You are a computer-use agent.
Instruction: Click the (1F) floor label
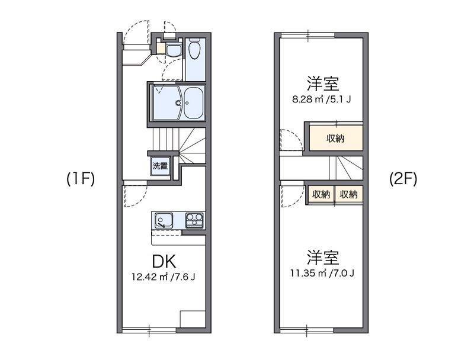(x=81, y=178)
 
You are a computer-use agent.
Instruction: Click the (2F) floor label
(x=403, y=178)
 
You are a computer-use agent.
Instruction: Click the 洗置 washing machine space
(x=160, y=166)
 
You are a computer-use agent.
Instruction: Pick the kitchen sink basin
(x=162, y=221)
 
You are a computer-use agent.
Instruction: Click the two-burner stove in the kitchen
(x=193, y=220)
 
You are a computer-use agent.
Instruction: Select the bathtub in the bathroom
(x=194, y=102)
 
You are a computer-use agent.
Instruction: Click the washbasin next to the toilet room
(x=173, y=50)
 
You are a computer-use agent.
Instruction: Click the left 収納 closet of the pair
(x=321, y=194)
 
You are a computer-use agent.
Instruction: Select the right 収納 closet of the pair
(x=348, y=194)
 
